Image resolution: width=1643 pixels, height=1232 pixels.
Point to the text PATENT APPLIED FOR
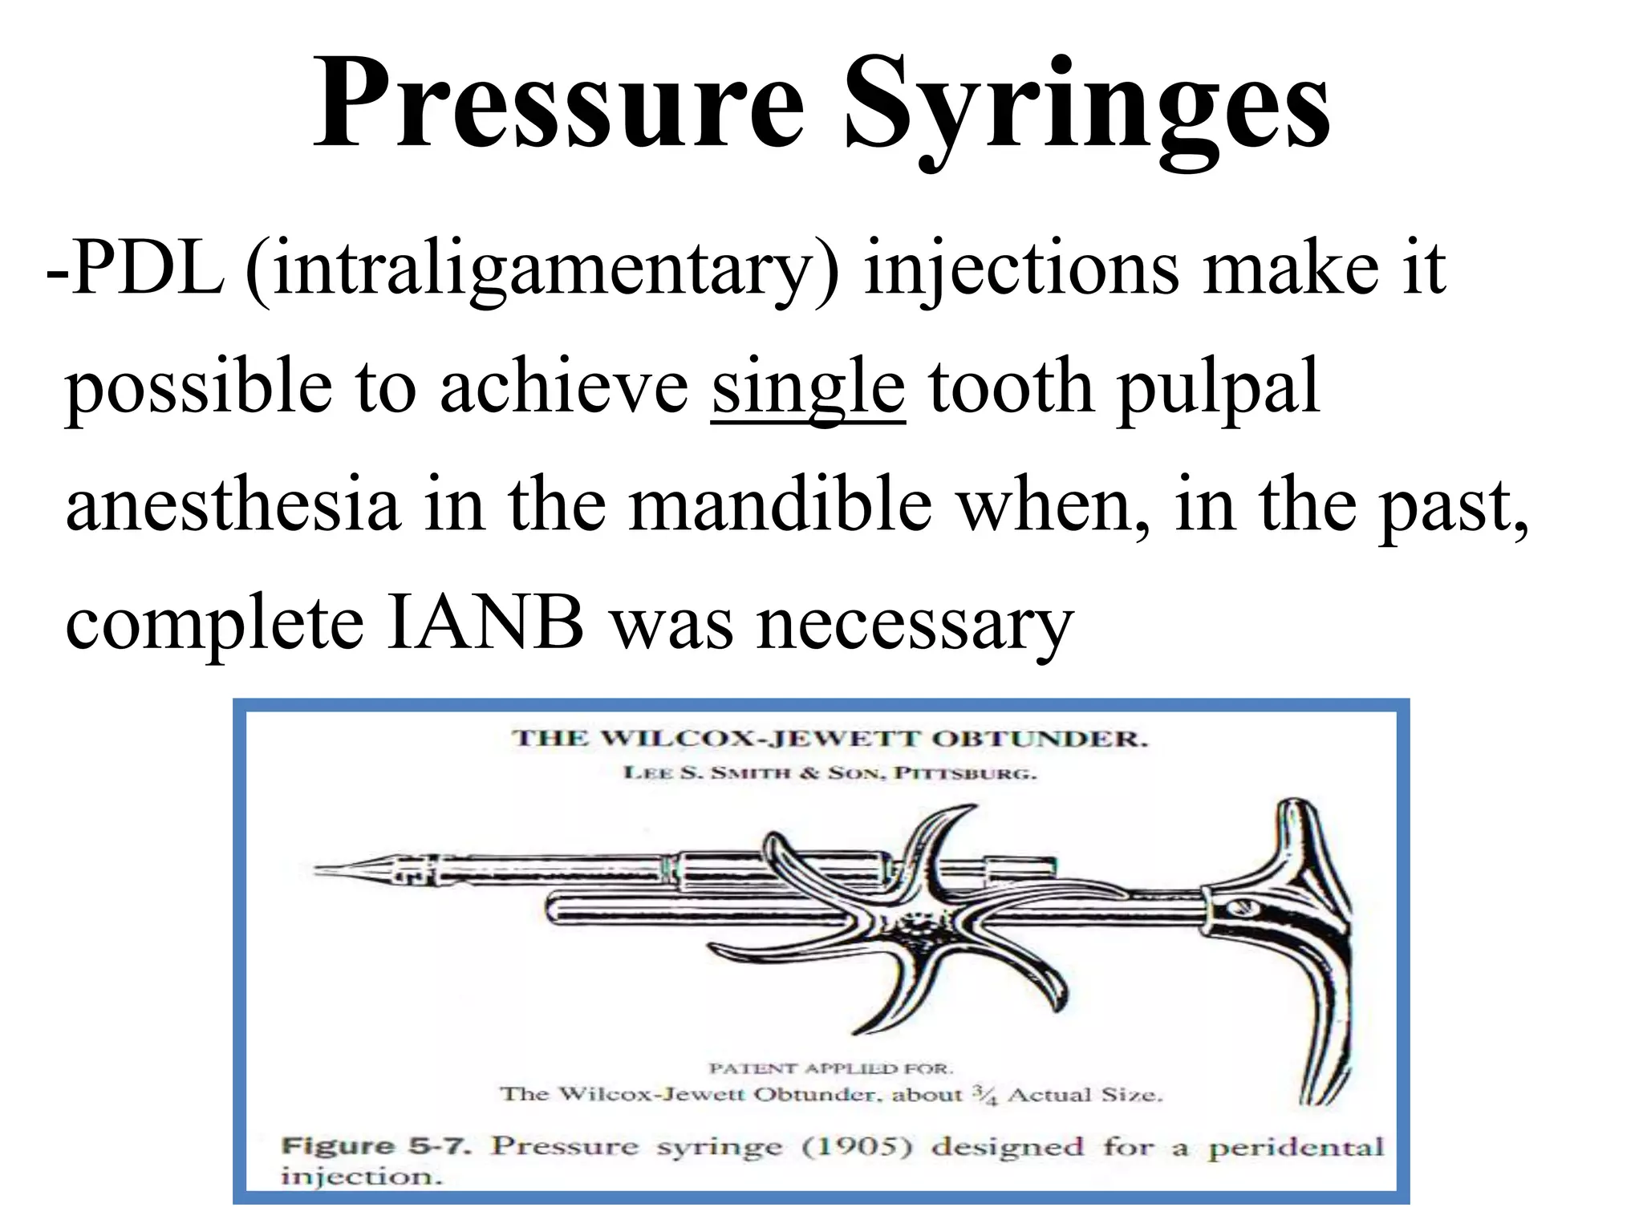(830, 1068)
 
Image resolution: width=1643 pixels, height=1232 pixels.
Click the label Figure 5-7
(375, 1146)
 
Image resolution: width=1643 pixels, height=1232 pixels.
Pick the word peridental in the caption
(1295, 1148)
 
